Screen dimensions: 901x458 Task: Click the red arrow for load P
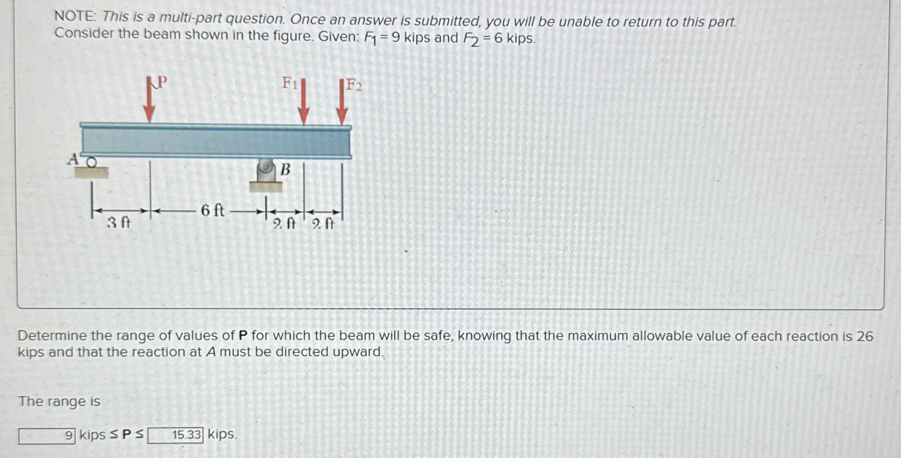pyautogui.click(x=149, y=100)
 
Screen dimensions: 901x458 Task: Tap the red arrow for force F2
pyautogui.click(x=342, y=102)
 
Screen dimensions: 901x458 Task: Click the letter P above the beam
pyautogui.click(x=162, y=82)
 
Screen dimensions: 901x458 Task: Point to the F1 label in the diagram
pyautogui.click(x=290, y=83)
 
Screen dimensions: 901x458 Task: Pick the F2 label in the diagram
pyautogui.click(x=354, y=85)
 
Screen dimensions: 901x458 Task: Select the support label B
pyautogui.click(x=285, y=169)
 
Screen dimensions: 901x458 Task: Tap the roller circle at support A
pyautogui.click(x=91, y=162)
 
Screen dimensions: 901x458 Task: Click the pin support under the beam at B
pyautogui.click(x=266, y=175)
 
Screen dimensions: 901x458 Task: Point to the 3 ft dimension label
pyautogui.click(x=119, y=223)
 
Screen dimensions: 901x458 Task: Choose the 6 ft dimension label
pyautogui.click(x=213, y=210)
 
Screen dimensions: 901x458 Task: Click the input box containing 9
pyautogui.click(x=47, y=436)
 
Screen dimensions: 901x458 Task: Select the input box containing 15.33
pyautogui.click(x=175, y=435)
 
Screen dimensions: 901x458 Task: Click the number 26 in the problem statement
pyautogui.click(x=865, y=336)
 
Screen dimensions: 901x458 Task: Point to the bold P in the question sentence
pyautogui.click(x=243, y=335)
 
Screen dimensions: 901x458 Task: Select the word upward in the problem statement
pyautogui.click(x=358, y=352)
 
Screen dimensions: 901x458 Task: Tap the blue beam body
pyautogui.click(x=216, y=141)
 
